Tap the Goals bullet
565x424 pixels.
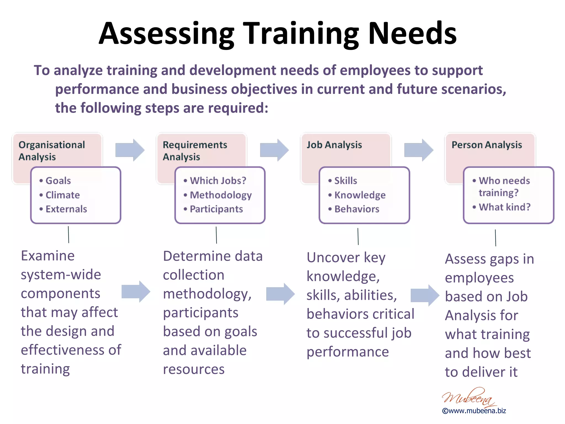tap(58, 181)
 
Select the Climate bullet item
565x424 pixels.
tap(62, 195)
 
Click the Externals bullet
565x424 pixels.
tap(66, 209)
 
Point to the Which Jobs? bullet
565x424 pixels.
tap(218, 181)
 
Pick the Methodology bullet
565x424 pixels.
tap(220, 195)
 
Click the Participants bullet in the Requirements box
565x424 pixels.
tap(216, 209)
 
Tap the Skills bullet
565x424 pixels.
tap(345, 181)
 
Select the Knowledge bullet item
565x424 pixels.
tap(360, 195)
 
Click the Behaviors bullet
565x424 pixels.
tap(357, 209)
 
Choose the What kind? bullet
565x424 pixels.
tap(504, 207)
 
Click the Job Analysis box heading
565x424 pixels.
tap(334, 145)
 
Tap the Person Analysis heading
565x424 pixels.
tap(487, 145)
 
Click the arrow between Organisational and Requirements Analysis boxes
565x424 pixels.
tap(130, 150)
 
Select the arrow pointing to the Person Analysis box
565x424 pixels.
tap(419, 150)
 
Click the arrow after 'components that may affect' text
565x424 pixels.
tap(136, 292)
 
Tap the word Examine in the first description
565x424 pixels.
tap(48, 256)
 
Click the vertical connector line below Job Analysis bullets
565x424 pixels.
tap(358, 236)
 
